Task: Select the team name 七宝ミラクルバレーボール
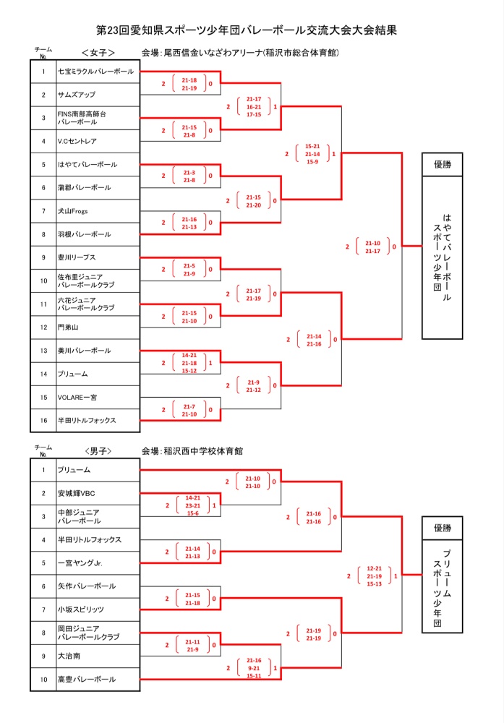click(95, 72)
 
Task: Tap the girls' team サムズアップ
click(77, 95)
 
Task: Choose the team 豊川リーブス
click(77, 257)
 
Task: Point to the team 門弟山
click(69, 327)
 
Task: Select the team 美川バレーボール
click(85, 351)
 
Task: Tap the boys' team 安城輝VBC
click(77, 493)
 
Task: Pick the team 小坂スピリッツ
click(81, 609)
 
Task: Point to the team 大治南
click(69, 656)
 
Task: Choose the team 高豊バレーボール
click(87, 679)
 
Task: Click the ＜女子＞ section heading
click(95, 53)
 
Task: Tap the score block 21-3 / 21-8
click(189, 176)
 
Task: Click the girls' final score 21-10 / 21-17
click(372, 247)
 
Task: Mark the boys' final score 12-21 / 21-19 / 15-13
click(374, 576)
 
